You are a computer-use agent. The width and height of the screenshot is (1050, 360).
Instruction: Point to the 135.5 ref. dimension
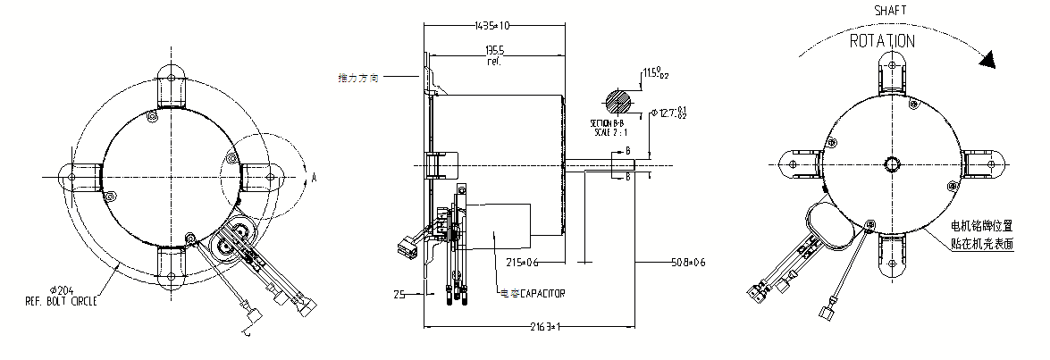493,55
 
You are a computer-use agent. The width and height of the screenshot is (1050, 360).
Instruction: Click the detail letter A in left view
314,177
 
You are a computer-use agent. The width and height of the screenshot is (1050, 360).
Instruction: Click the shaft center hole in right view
893,164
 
